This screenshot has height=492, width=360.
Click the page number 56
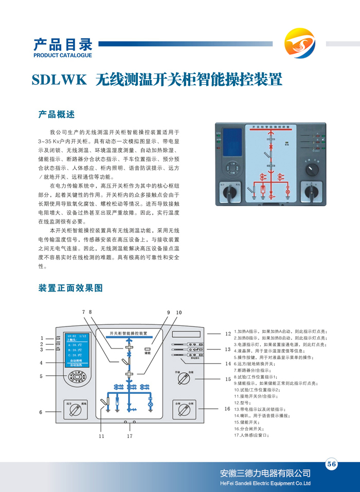point(332,464)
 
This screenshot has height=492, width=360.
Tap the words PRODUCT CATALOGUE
point(62,55)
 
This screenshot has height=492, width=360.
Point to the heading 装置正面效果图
point(71,288)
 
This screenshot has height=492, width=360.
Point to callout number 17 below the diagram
point(130,436)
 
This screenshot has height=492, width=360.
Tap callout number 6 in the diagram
point(41,412)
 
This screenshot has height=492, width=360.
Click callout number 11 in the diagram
point(102,436)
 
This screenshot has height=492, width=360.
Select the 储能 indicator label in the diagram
point(147,354)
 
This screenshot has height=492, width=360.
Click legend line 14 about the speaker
point(261,415)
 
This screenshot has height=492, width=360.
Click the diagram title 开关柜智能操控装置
point(129,333)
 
